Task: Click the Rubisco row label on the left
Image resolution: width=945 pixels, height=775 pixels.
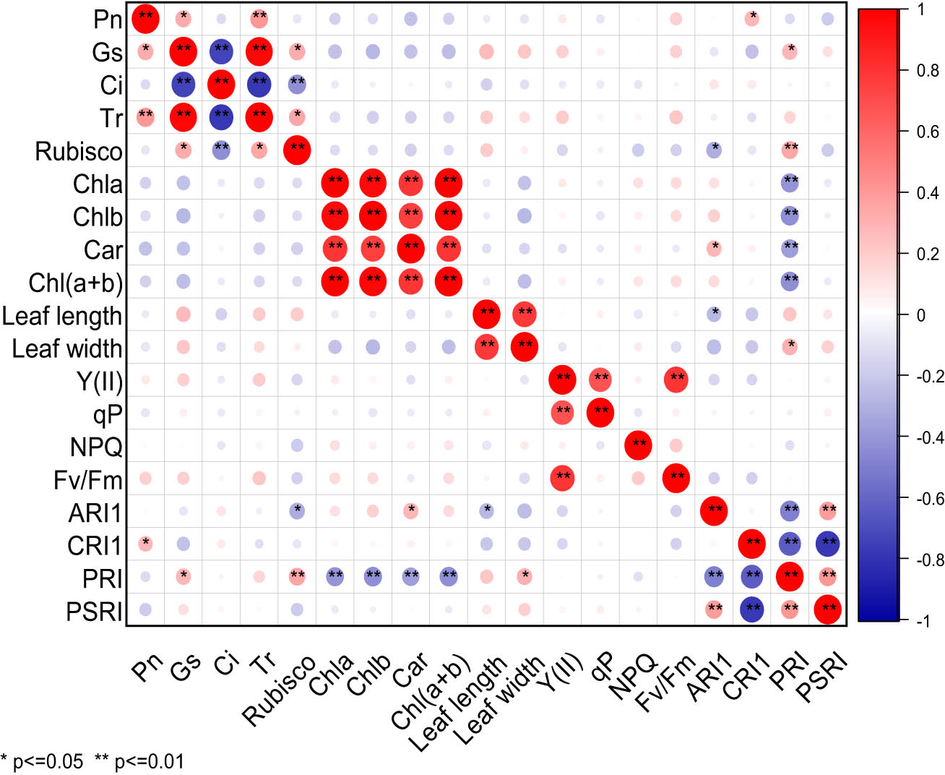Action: [79, 152]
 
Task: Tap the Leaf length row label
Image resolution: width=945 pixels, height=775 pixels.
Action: [62, 316]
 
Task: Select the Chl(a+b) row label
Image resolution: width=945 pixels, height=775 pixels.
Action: [76, 283]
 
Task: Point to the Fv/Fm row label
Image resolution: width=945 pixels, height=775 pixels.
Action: [88, 480]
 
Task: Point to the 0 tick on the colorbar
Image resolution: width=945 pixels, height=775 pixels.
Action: [920, 315]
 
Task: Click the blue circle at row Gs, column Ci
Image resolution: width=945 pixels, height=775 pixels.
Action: [222, 52]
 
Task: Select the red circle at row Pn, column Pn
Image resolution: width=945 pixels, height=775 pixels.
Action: [145, 19]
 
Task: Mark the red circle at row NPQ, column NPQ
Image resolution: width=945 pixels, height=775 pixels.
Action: [638, 445]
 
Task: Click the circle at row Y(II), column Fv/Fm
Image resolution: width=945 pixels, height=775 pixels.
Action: [676, 380]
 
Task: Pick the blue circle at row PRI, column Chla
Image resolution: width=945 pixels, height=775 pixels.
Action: [335, 577]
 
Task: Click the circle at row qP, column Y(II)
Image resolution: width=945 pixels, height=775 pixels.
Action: [563, 413]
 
